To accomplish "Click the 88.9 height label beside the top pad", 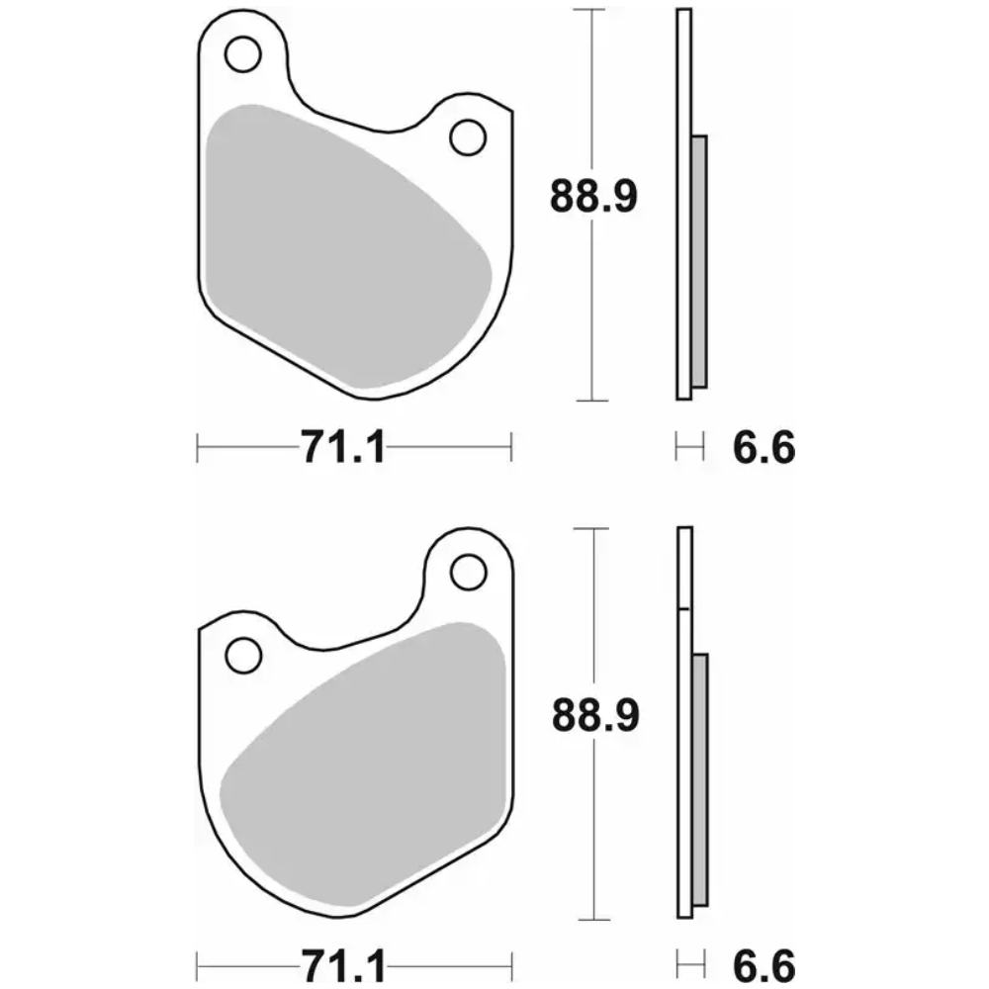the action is pyautogui.click(x=593, y=196).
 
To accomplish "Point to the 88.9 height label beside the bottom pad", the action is pyautogui.click(x=595, y=715).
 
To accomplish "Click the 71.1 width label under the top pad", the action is pyautogui.click(x=343, y=447).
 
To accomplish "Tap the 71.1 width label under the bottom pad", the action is pyautogui.click(x=343, y=965).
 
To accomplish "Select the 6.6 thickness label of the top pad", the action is pyautogui.click(x=764, y=447).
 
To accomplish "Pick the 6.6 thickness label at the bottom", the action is pyautogui.click(x=764, y=965).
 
